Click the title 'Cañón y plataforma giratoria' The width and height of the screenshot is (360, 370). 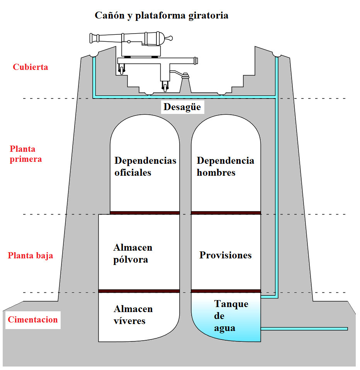point(161,16)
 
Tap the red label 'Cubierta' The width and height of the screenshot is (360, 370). point(31,67)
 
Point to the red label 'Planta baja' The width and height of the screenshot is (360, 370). point(31,256)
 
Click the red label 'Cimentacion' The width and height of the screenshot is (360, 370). point(33,320)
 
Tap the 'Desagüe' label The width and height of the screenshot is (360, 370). point(182,107)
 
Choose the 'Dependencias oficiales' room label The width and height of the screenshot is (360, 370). point(145,166)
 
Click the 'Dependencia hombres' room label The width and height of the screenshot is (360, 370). point(226,166)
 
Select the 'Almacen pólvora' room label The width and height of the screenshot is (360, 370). point(133,253)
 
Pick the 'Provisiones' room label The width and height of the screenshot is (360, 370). point(226,255)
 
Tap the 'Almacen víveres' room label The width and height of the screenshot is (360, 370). point(133,315)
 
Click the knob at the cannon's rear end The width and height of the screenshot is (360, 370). point(169,38)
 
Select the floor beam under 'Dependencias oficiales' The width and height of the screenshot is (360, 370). point(145,212)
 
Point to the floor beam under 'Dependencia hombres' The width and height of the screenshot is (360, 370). point(226,212)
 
